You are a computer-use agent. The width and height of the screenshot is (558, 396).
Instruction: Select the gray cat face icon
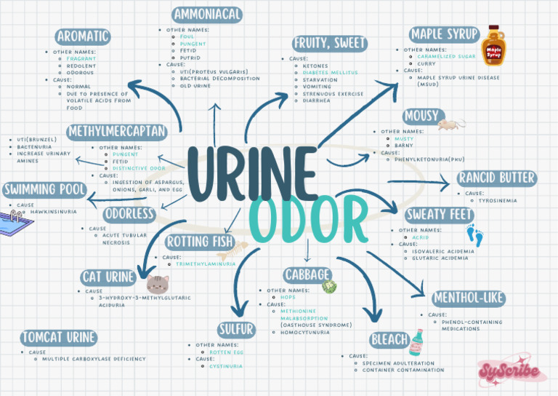(157, 283)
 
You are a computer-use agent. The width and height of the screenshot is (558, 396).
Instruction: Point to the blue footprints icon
(474, 234)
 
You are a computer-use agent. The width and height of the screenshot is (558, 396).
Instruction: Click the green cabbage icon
(328, 286)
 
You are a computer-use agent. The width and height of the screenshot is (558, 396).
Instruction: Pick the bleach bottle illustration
(416, 341)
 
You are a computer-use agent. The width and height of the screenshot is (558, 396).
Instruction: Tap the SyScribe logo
(511, 372)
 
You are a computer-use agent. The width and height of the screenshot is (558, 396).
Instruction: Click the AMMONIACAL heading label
(208, 15)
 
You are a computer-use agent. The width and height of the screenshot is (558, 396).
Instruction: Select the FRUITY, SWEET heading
(330, 43)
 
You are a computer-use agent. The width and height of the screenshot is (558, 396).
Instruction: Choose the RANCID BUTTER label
(497, 178)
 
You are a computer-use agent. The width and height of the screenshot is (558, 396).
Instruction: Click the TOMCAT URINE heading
(59, 338)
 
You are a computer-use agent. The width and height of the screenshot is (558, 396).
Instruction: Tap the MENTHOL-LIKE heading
(468, 298)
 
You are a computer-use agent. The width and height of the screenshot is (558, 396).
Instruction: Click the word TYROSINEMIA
(498, 200)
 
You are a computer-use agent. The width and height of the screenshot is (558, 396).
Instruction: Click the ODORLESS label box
(129, 214)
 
